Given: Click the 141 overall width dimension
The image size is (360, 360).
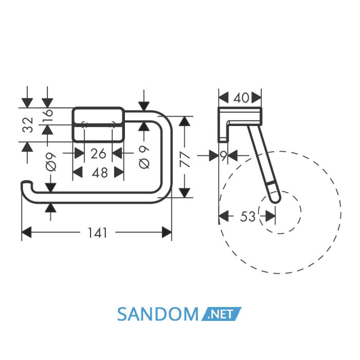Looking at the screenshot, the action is (98, 233).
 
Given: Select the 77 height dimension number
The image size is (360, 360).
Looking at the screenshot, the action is (185, 160).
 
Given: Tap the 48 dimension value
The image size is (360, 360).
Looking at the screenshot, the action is (100, 173).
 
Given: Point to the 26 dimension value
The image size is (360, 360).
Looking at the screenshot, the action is (98, 154).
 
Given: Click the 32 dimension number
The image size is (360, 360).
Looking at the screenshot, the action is (28, 124).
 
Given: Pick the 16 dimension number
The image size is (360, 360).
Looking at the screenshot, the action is (48, 115).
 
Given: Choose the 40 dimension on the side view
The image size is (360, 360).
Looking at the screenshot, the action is (241, 98).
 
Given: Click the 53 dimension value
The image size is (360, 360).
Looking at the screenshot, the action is (248, 217).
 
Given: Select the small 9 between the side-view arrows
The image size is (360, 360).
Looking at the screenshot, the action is (223, 156).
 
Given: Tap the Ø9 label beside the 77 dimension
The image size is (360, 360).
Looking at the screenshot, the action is (144, 157).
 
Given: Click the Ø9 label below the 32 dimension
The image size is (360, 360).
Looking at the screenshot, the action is (51, 162).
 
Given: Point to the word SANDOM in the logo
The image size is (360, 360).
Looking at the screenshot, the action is (158, 314).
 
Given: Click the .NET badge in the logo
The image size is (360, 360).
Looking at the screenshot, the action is (221, 314).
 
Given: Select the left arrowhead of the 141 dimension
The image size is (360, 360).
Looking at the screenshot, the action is (26, 232).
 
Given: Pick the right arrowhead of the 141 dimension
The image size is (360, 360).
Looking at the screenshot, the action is (167, 232).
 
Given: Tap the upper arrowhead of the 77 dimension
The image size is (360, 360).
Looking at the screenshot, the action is (185, 121).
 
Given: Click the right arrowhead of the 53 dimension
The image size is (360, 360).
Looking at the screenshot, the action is (271, 217).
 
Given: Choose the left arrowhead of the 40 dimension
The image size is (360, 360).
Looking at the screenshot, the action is (224, 98).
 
